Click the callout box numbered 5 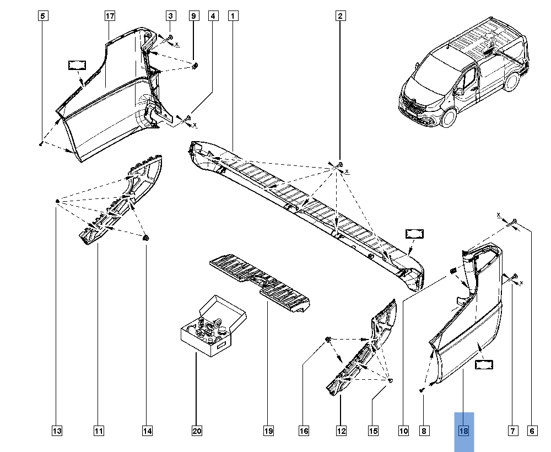(x=42, y=16)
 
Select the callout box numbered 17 (x=110, y=16)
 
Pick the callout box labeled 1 (x=234, y=16)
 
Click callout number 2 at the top (x=341, y=16)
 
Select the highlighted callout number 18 (x=463, y=431)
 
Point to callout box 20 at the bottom (x=197, y=431)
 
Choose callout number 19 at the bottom (x=268, y=431)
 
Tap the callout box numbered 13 (x=57, y=431)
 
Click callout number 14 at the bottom (x=147, y=431)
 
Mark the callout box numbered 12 (x=341, y=431)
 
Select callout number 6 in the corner (x=532, y=431)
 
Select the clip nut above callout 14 (x=147, y=238)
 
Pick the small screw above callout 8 (x=423, y=390)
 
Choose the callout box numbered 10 (x=404, y=431)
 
